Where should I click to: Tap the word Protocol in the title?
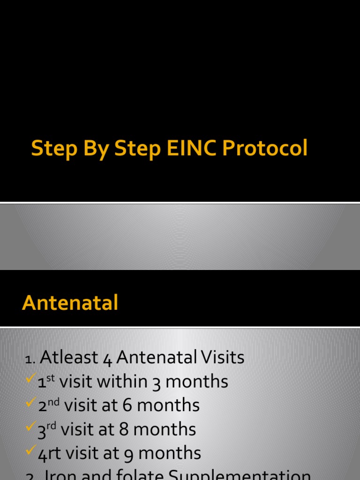[x=265, y=149]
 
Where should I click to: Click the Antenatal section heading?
[x=70, y=303]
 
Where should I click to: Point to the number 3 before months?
[x=157, y=382]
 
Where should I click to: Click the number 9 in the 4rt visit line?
[x=129, y=453]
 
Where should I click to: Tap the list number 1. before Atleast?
[x=30, y=359]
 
